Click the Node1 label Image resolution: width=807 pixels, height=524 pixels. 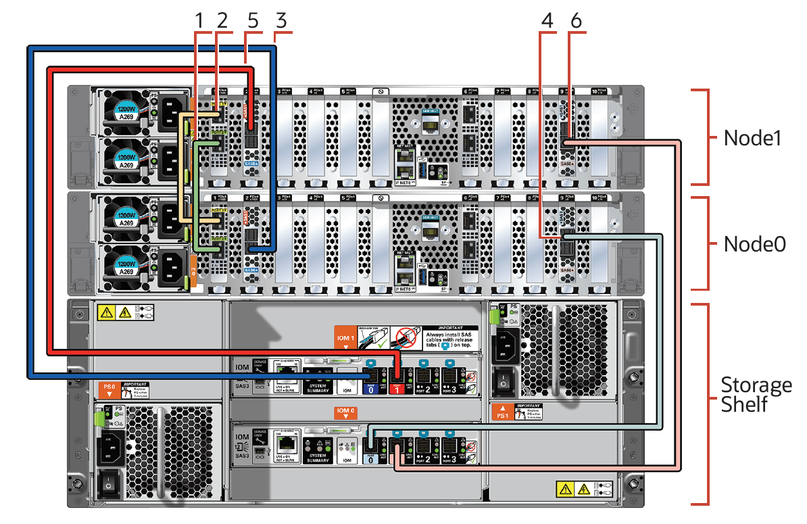click(752, 138)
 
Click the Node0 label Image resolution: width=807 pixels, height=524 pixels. click(754, 244)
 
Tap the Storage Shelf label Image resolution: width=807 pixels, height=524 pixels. click(756, 395)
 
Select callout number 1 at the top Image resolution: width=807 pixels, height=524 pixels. click(199, 21)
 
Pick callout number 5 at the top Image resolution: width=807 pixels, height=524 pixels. click(253, 21)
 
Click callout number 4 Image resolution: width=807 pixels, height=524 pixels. click(547, 21)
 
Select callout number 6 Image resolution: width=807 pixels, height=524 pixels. click(575, 21)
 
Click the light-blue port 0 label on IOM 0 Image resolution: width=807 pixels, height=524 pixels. click(370, 460)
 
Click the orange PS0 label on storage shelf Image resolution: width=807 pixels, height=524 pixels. click(109, 389)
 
